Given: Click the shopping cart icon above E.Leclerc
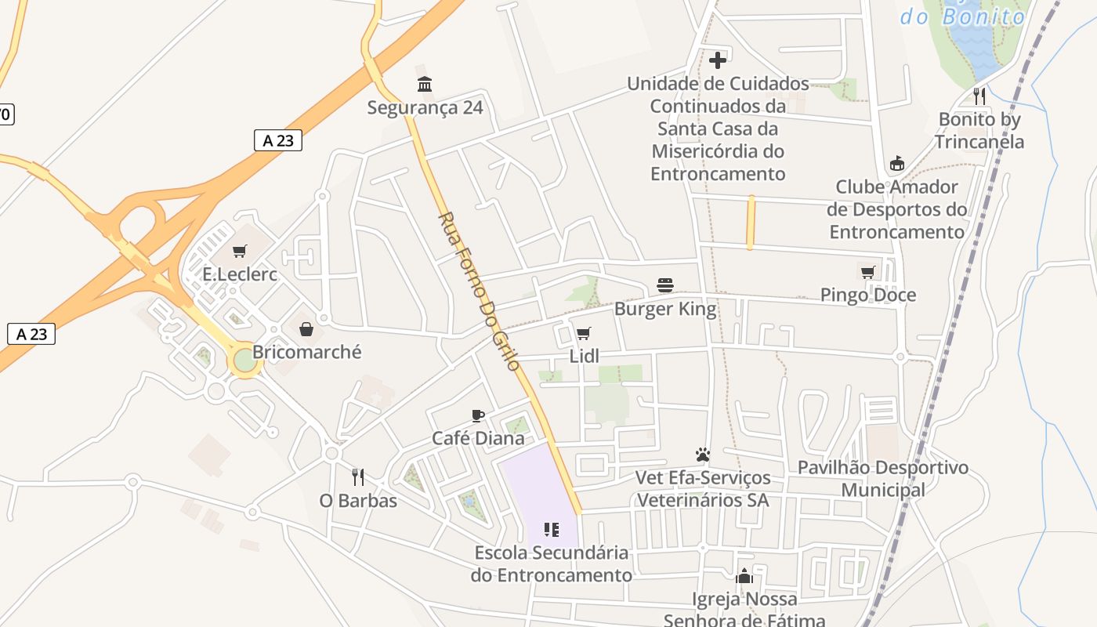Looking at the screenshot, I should [240, 252].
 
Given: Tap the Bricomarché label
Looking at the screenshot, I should [306, 352].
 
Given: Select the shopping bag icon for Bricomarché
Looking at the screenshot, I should [306, 329].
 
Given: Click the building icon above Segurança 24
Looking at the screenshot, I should [425, 84].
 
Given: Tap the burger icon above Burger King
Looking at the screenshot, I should [665, 285].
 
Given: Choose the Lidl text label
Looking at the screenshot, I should [584, 357].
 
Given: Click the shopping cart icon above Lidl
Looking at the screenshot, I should [583, 334].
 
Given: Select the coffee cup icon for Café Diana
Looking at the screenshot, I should [478, 415].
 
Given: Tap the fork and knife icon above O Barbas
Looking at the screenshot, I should [358, 477].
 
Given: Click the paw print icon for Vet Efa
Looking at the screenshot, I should [702, 455].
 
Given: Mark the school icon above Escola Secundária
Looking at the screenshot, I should [552, 530].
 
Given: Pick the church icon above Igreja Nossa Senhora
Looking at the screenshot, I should [744, 576].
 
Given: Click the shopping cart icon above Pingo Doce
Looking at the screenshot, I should [867, 272].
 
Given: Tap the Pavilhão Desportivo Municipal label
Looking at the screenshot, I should [883, 479].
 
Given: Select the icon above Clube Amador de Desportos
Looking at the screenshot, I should [897, 164].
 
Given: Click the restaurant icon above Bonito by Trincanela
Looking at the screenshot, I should [979, 96].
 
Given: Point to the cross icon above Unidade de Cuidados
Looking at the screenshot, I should [718, 60].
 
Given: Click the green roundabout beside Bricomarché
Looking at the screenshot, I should [245, 361].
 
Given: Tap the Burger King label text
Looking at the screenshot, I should [665, 309].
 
